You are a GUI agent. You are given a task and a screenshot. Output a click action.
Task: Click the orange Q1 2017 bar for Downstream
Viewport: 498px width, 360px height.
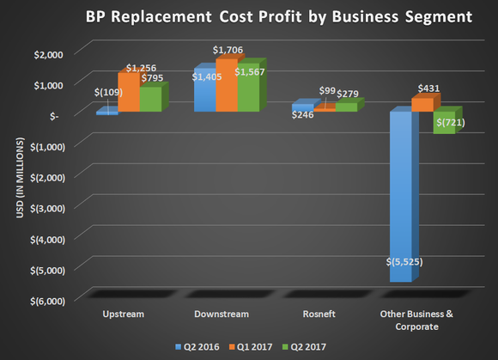[226, 86]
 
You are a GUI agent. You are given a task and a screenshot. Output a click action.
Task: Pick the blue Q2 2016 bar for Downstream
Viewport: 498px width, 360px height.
[203, 91]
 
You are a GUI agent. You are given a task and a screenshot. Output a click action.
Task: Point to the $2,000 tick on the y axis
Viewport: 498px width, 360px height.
[48, 53]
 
